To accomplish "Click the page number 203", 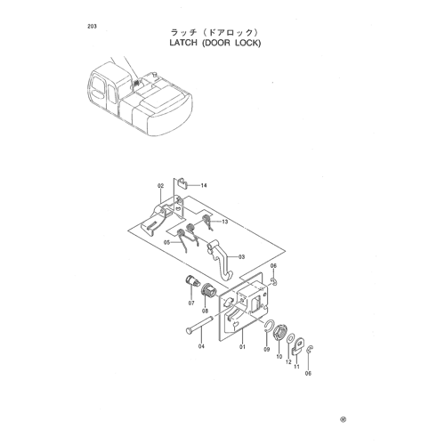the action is [x=92, y=27].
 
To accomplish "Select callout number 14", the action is [x=204, y=186].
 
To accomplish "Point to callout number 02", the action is [x=160, y=186].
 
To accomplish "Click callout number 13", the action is [x=225, y=222].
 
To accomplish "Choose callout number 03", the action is [x=241, y=256].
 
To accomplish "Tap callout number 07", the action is [x=191, y=303].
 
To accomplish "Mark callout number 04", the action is [x=201, y=346].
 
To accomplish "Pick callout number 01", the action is [x=242, y=346].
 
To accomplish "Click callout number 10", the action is [x=279, y=357].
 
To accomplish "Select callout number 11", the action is [x=296, y=367].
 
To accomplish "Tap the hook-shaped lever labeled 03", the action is [x=220, y=260].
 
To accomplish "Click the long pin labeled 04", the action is [x=200, y=325].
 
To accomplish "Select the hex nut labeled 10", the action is [x=279, y=334].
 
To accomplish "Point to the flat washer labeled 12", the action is [x=290, y=338].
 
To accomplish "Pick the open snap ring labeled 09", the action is [x=269, y=327].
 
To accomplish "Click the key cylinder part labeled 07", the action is [x=192, y=280].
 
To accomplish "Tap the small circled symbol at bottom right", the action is [x=343, y=419].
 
